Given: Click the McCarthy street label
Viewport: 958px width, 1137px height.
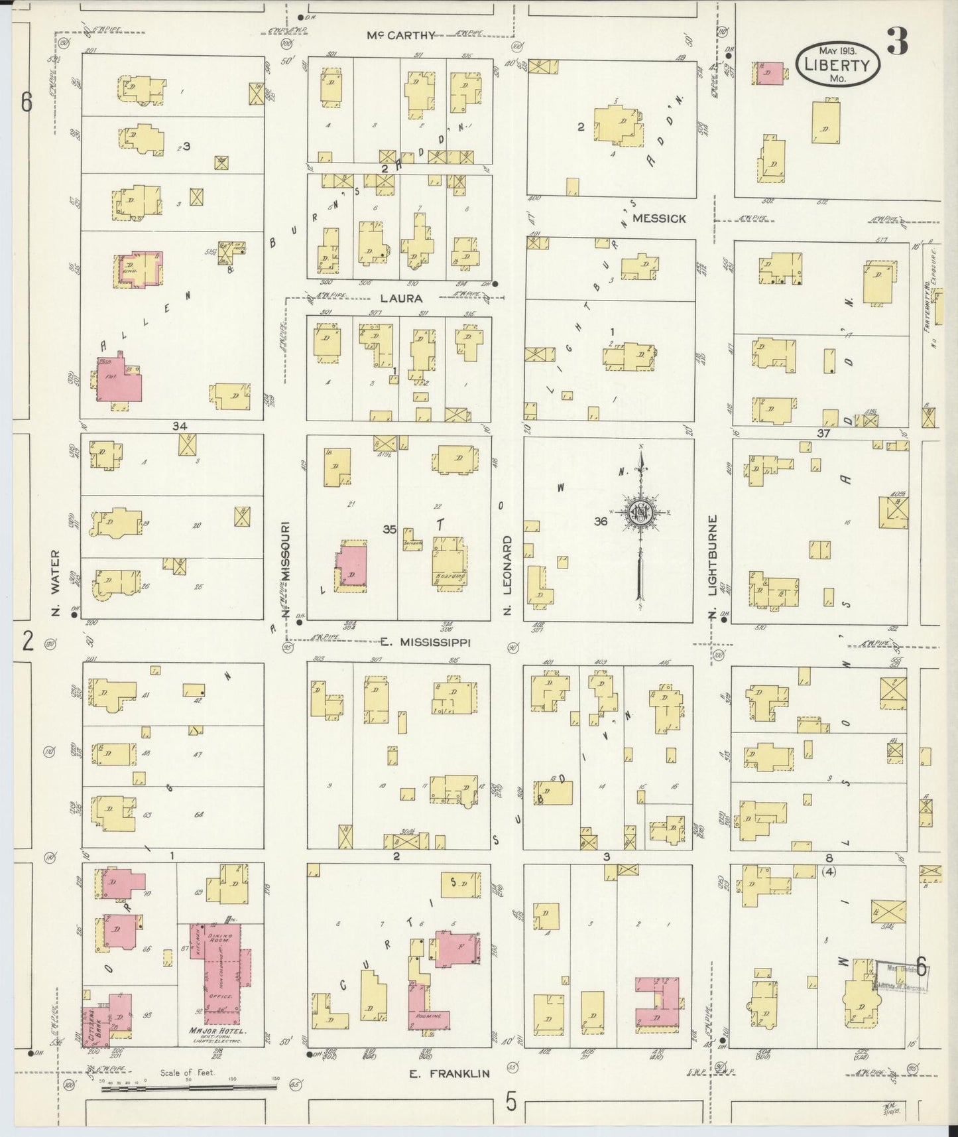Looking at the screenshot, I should [402, 36].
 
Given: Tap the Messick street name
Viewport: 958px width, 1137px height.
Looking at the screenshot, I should [659, 218].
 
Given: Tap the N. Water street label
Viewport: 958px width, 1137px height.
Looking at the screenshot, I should [56, 582].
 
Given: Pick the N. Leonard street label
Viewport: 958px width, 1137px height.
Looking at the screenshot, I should [507, 574].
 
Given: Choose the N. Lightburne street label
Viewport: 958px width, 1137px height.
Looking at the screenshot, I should [713, 568].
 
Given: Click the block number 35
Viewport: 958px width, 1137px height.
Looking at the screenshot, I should [389, 529].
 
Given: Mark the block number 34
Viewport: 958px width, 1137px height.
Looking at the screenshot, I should [180, 426].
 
